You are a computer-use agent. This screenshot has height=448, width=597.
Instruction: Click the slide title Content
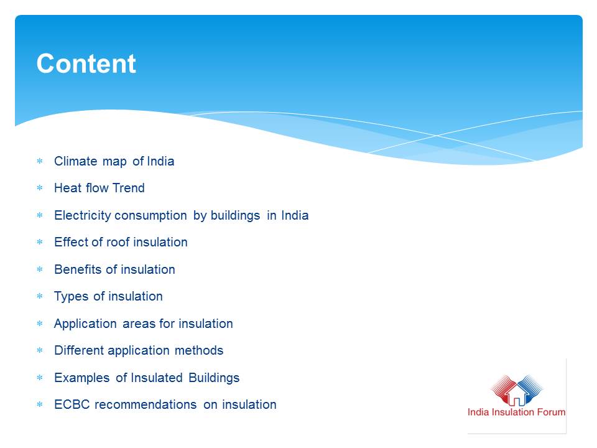coord(86,63)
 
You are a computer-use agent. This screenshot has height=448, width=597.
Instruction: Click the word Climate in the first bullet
coord(75,161)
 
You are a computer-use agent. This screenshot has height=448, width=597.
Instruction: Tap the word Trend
coord(129,188)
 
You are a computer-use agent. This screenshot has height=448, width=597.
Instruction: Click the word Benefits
coord(78,269)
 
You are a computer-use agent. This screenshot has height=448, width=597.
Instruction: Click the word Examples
coord(82,378)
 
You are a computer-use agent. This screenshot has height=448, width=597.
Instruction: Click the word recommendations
coord(146,404)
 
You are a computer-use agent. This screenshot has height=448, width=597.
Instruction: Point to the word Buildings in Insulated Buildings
coord(214,378)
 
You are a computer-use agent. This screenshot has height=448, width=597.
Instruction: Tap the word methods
coord(199,350)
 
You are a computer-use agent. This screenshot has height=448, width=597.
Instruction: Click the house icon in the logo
coord(517,394)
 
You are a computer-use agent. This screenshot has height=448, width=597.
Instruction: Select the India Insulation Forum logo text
coord(516,412)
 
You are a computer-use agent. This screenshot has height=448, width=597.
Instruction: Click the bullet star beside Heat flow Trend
coord(40,188)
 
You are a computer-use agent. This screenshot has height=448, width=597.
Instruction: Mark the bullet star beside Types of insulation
coord(40,296)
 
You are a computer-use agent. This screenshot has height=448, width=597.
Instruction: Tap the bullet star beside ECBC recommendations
coord(40,404)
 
